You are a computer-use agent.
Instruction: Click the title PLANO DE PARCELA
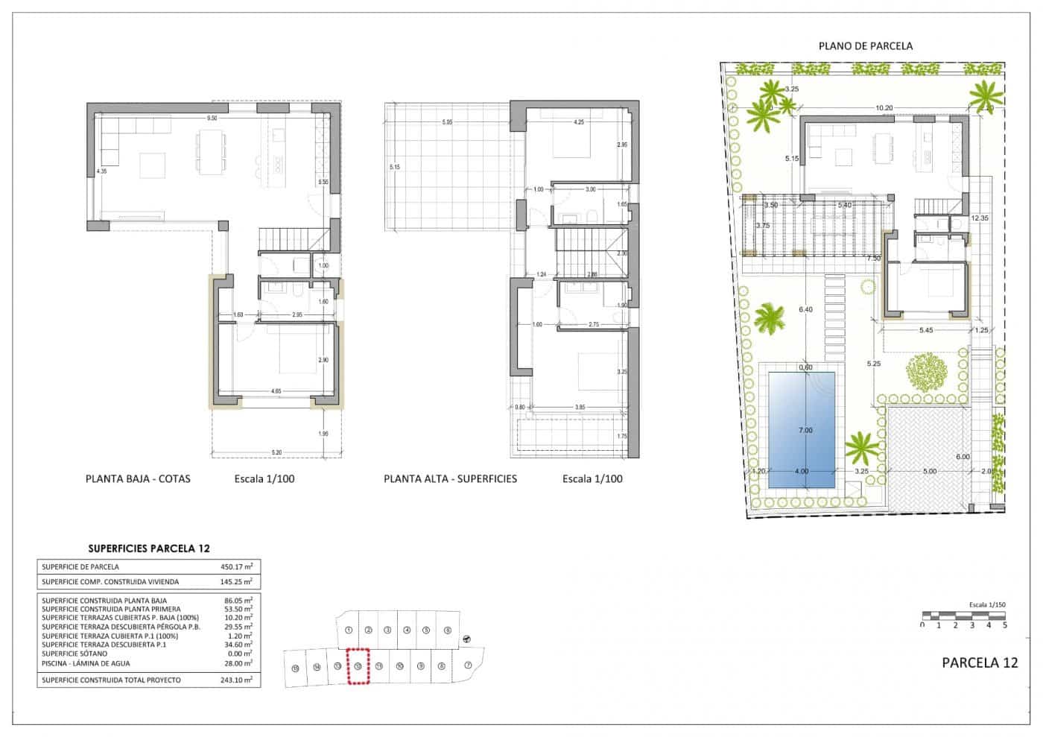point(865,45)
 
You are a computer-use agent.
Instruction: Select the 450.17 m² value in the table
point(236,567)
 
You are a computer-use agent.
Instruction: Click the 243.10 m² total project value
point(236,680)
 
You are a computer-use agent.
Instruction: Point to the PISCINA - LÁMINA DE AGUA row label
point(86,663)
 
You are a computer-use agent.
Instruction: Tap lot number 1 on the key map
point(349,630)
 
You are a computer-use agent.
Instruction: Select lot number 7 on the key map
point(468,665)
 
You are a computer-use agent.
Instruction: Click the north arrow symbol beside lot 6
point(466,638)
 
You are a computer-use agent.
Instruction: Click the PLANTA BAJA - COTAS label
point(138,478)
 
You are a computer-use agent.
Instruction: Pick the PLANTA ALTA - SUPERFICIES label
point(450,478)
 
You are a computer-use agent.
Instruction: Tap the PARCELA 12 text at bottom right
point(979,662)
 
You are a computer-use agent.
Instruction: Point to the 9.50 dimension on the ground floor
point(212,118)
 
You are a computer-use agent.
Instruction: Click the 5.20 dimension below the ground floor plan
point(276,452)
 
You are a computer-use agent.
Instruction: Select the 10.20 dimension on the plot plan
point(884,108)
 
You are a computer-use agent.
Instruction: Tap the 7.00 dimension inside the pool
point(804,430)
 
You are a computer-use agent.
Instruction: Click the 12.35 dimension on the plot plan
point(980,218)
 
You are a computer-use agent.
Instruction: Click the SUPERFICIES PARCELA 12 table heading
point(148,548)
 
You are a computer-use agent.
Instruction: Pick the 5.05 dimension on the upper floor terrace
point(447,121)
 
